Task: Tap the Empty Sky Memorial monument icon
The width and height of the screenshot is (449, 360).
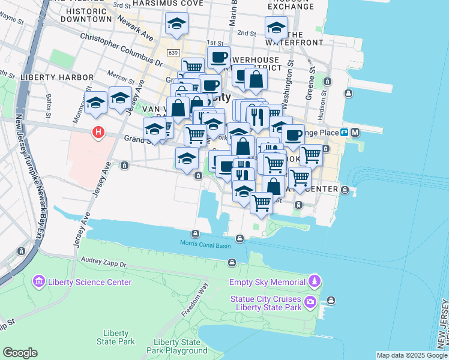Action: [x=314, y=281]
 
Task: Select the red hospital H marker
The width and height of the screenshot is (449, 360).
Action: [x=97, y=132]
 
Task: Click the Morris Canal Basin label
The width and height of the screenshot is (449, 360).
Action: [x=203, y=243]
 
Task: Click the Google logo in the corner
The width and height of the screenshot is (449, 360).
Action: [x=20, y=353]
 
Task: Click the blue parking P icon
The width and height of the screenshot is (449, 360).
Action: [x=345, y=132]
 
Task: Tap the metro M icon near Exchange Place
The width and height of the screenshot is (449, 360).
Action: [x=355, y=132]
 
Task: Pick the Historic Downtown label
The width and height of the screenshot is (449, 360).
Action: [x=89, y=15]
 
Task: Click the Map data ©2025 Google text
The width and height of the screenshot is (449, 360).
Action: [x=411, y=355]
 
